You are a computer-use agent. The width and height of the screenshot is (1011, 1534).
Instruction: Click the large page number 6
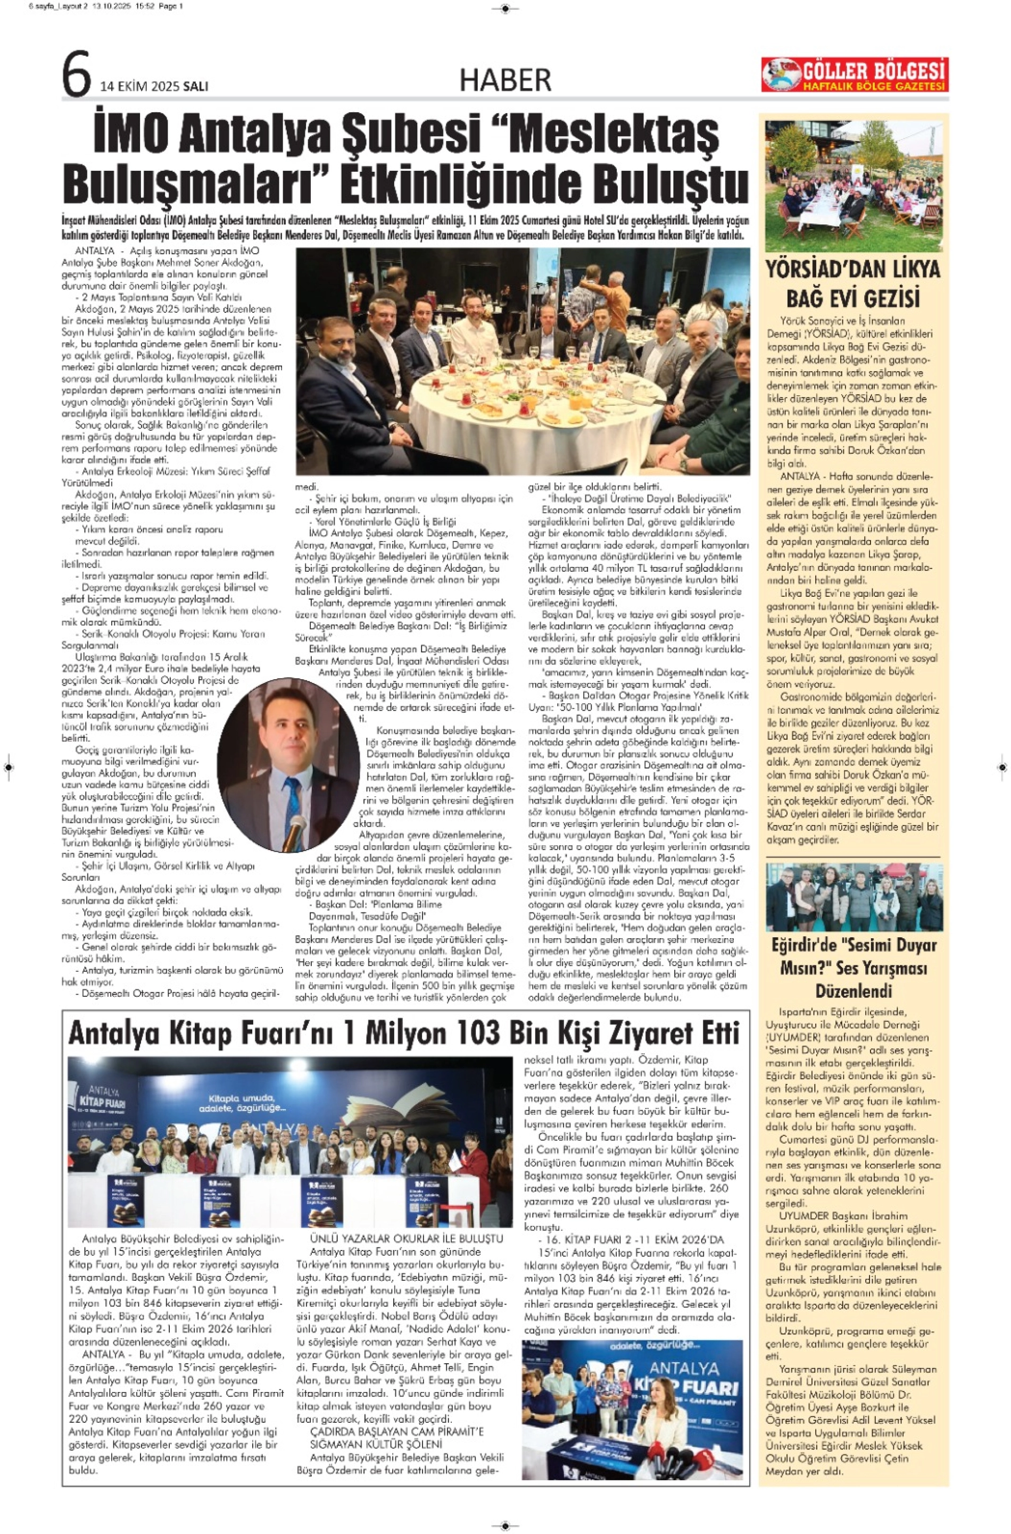point(77,76)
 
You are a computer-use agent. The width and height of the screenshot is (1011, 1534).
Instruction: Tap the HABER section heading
point(505,80)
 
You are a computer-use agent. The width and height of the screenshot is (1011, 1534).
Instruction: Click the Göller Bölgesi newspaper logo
point(855,75)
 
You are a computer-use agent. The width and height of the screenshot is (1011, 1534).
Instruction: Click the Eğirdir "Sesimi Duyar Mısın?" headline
point(853,968)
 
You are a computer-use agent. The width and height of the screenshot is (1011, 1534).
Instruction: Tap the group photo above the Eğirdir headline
point(853,897)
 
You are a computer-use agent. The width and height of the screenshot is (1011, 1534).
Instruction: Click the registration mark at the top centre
point(505,9)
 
